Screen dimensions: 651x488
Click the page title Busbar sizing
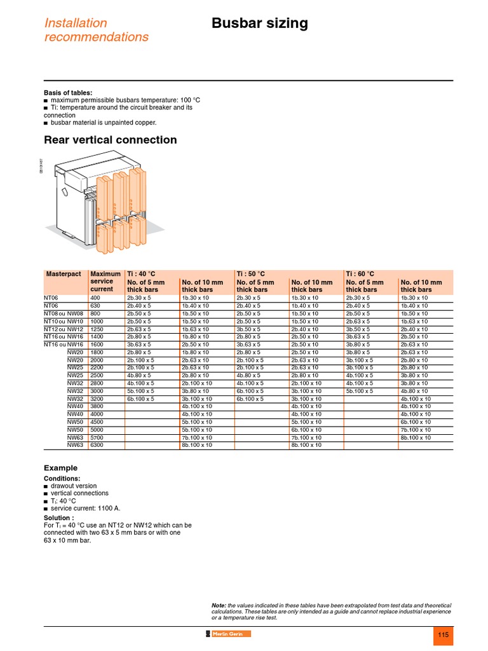(259, 24)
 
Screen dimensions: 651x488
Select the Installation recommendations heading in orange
(96, 30)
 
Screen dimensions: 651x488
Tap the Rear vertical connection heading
(110, 140)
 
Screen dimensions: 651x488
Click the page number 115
(443, 635)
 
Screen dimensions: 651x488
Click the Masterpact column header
(64, 274)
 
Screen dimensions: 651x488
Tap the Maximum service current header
(105, 281)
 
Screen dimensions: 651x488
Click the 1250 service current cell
(97, 329)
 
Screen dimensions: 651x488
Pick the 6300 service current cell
(97, 445)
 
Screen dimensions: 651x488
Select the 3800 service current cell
(97, 406)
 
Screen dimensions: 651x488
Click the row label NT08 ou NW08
(64, 313)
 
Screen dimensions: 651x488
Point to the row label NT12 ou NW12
(64, 329)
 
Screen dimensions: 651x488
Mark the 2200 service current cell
(97, 367)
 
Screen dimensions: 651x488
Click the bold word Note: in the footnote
(219, 605)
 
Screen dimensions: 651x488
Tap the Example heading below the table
(60, 468)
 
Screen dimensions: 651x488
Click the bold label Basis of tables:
(68, 93)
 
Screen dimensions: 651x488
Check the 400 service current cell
(95, 298)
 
